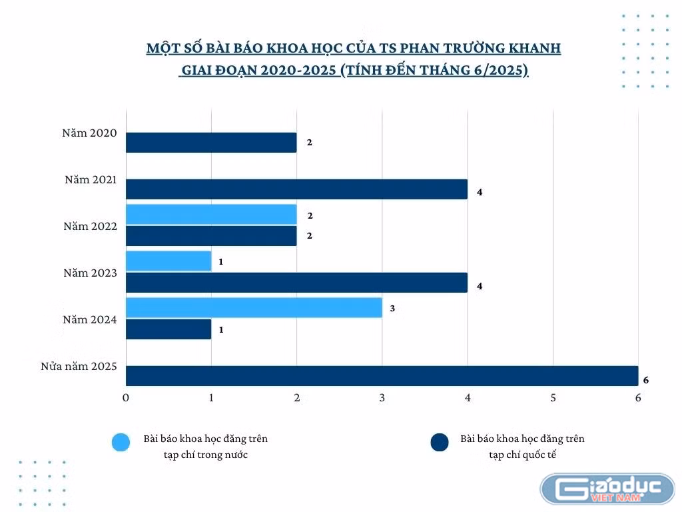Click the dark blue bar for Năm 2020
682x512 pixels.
click(211, 143)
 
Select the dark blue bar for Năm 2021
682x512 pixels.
click(296, 189)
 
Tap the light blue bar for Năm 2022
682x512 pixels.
click(211, 214)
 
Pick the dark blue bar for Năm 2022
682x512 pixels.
click(211, 235)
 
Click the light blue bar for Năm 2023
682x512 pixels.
click(169, 261)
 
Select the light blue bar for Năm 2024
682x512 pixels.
click(254, 307)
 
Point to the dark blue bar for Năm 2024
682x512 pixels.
click(169, 329)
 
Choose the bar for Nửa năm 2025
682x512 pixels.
click(382, 376)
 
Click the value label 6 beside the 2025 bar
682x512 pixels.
click(646, 380)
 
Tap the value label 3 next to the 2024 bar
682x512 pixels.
click(392, 308)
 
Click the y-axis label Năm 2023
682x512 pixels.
click(90, 273)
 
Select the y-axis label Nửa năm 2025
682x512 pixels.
click(79, 367)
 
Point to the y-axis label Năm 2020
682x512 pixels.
click(90, 133)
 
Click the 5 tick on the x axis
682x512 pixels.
click(553, 397)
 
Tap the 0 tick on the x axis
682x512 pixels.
click(126, 397)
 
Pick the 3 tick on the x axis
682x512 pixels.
click(382, 397)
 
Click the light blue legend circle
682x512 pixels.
click(121, 443)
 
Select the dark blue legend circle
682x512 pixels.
click(440, 443)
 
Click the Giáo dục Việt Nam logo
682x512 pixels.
click(607, 489)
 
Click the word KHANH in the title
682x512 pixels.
click(535, 48)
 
